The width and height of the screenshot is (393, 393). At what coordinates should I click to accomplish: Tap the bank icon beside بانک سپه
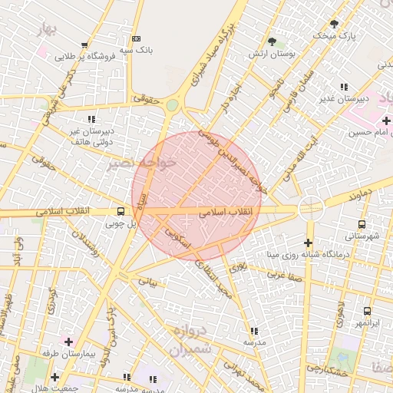pos(137,38)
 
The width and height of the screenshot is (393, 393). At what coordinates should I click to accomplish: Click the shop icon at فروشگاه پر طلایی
pos(84,45)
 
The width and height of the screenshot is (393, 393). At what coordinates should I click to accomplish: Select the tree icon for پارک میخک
pos(333,24)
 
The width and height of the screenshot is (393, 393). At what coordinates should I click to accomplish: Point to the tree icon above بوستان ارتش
pos(272,41)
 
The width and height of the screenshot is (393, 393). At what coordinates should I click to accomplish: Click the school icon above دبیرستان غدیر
pos(345,87)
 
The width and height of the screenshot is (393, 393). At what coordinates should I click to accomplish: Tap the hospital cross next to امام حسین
pos(386,121)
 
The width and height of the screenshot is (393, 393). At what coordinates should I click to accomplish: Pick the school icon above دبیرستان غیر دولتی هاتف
pos(92,119)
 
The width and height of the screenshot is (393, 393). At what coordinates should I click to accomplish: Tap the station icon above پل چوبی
pos(121,211)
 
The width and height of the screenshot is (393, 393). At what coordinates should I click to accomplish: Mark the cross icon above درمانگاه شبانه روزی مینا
pos(308,243)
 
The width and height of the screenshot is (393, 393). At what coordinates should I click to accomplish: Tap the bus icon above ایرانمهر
pos(367,312)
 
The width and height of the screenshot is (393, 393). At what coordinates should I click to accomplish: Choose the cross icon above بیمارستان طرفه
pos(69,341)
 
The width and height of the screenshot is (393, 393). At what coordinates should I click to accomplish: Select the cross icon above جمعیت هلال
pos(54,377)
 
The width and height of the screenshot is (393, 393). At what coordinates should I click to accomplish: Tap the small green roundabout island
pos(173,105)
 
